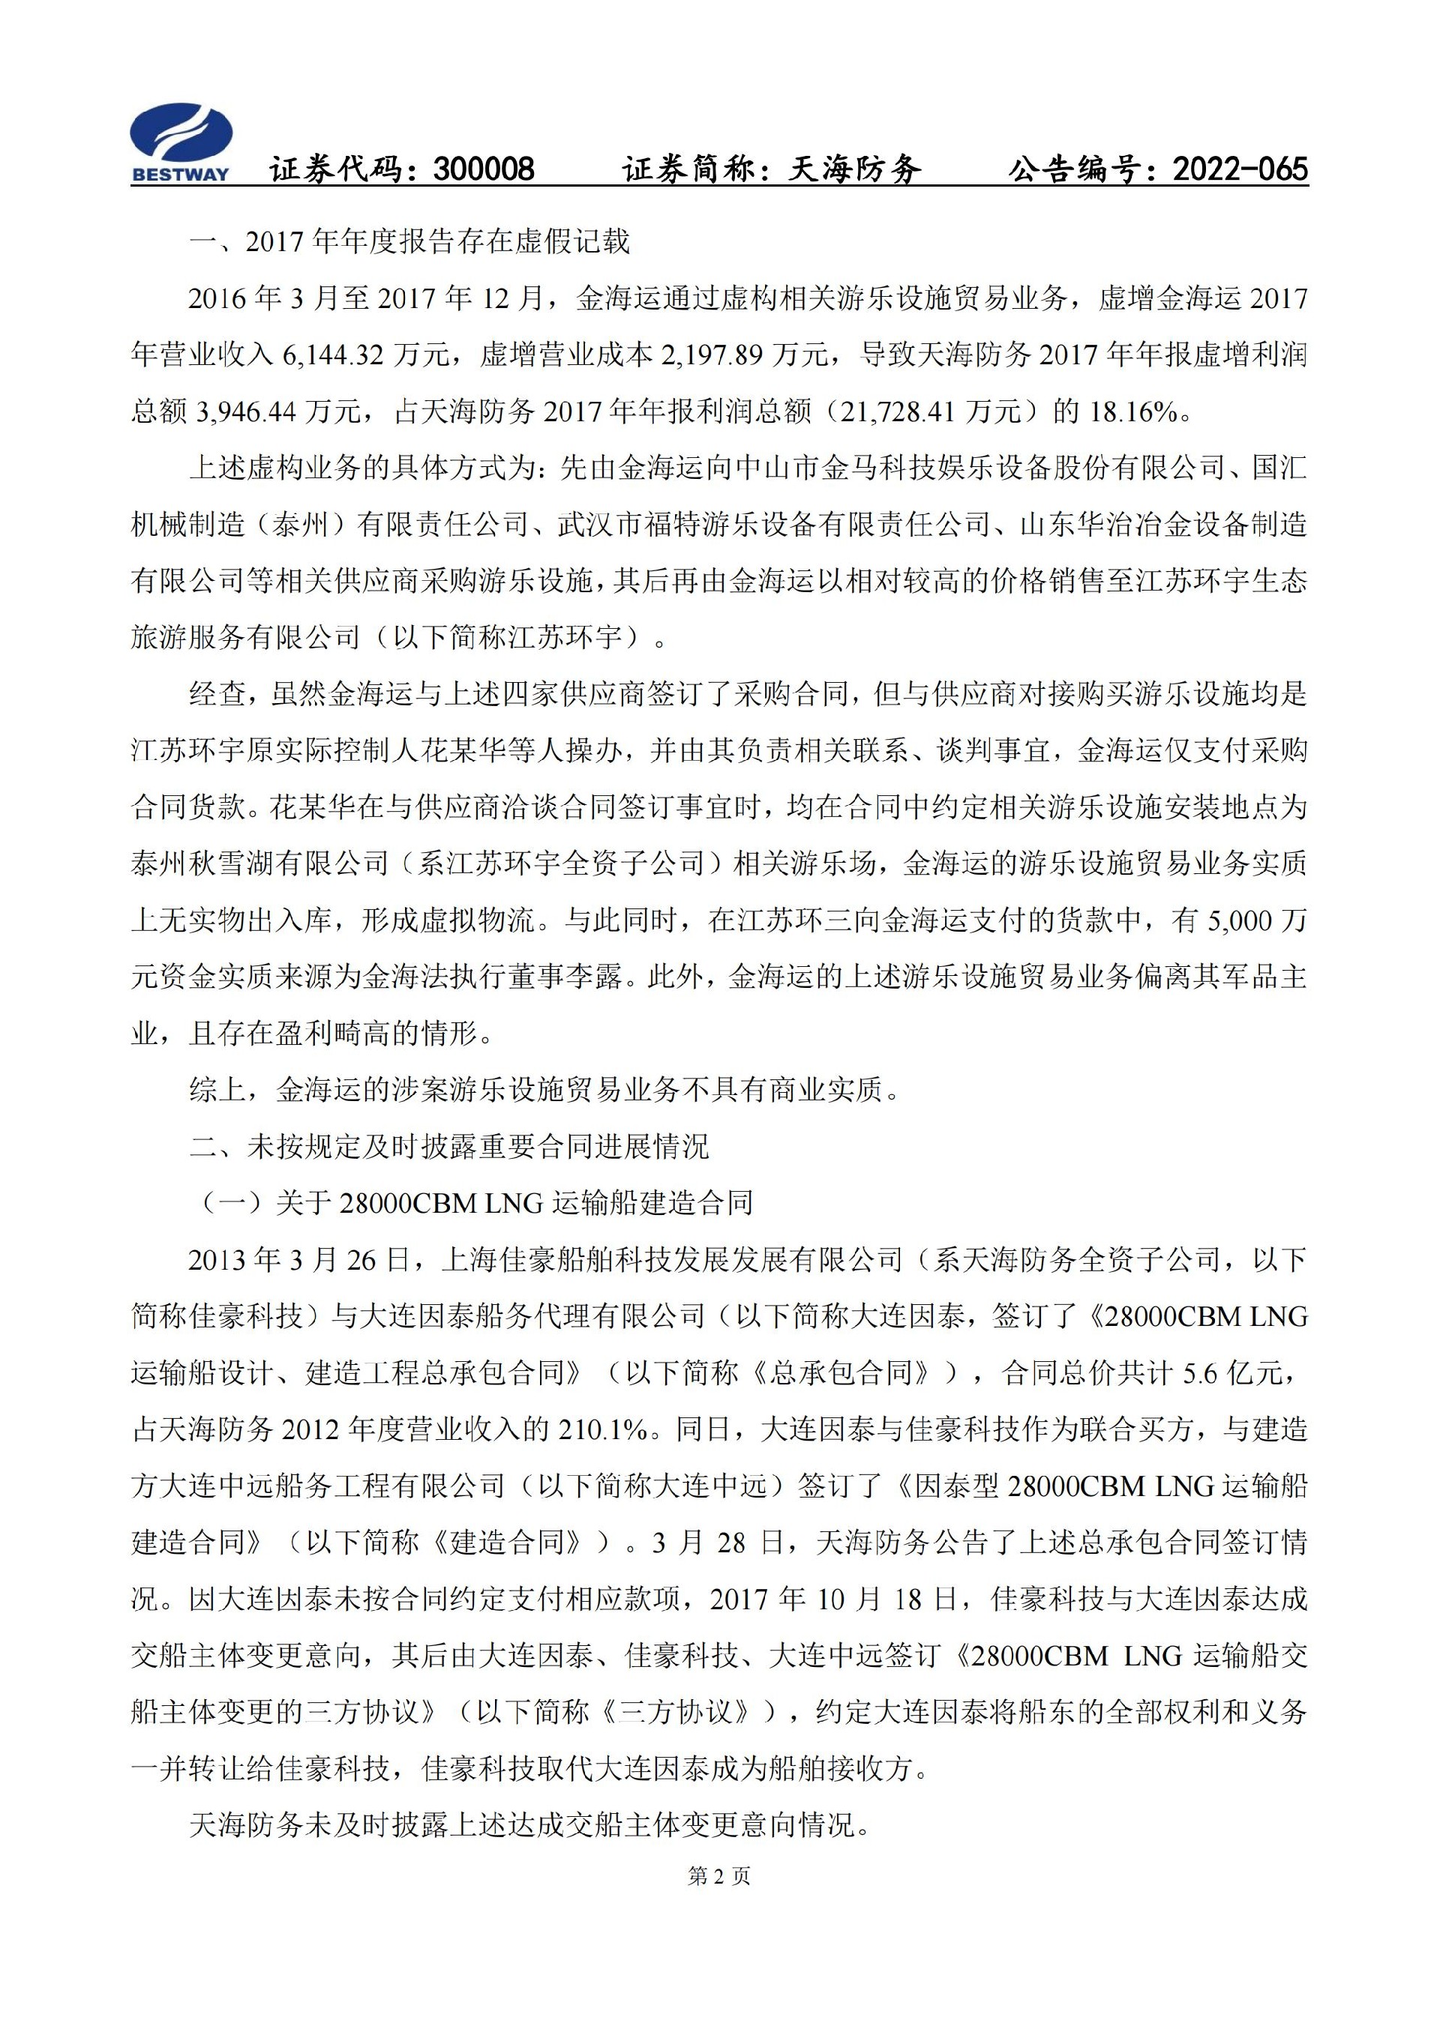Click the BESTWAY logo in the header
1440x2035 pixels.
click(x=181, y=142)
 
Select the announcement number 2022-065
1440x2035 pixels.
click(x=1240, y=169)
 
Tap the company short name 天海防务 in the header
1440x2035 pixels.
click(x=855, y=169)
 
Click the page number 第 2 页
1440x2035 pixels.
click(x=719, y=1875)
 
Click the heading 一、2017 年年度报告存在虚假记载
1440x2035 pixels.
click(x=409, y=242)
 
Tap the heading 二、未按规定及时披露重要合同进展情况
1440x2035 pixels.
click(x=449, y=1147)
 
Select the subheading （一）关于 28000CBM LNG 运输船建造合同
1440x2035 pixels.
click(x=472, y=1204)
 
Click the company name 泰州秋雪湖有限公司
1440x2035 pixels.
click(x=259, y=864)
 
